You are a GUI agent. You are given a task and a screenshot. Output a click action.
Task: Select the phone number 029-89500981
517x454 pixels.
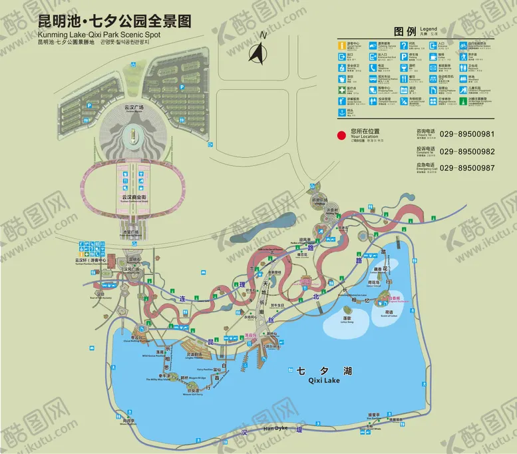pyautogui.click(x=467, y=134)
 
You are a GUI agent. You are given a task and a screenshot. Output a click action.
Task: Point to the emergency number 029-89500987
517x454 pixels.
pyautogui.click(x=467, y=168)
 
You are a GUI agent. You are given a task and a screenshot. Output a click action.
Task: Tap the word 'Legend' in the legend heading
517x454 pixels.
pyautogui.click(x=429, y=29)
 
